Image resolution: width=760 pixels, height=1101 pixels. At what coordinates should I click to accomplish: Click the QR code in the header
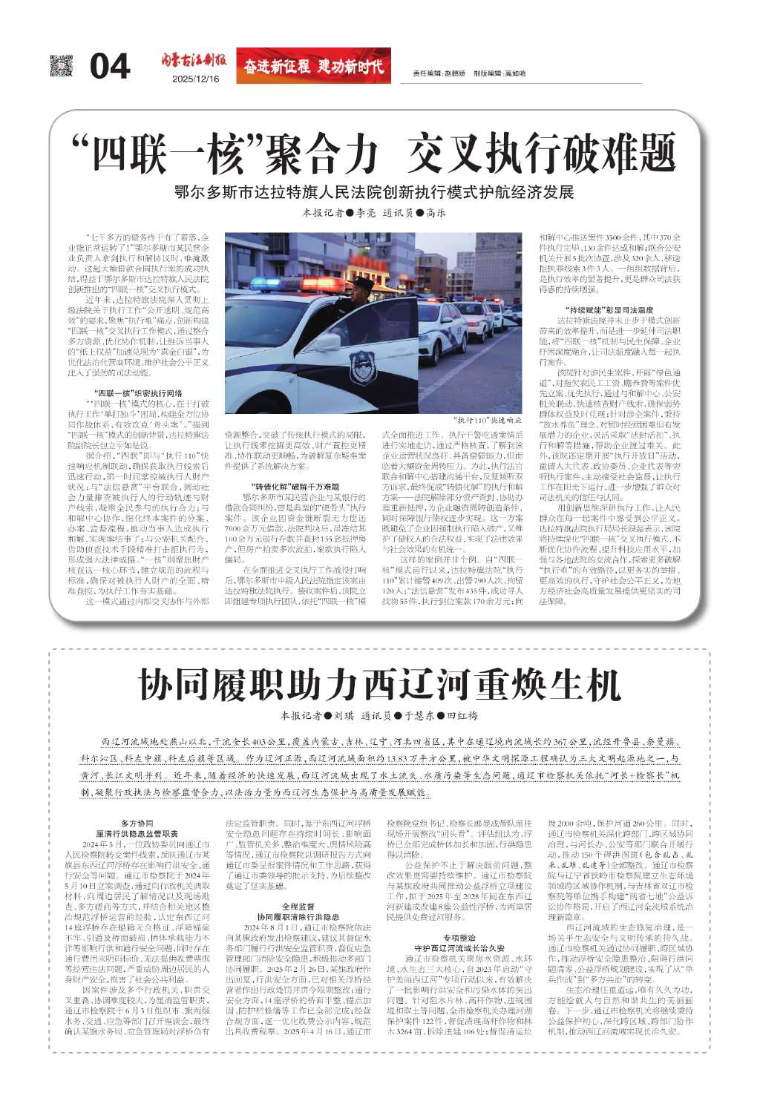coord(62,65)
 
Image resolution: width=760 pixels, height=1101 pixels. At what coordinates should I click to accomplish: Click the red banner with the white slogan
coord(313,65)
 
